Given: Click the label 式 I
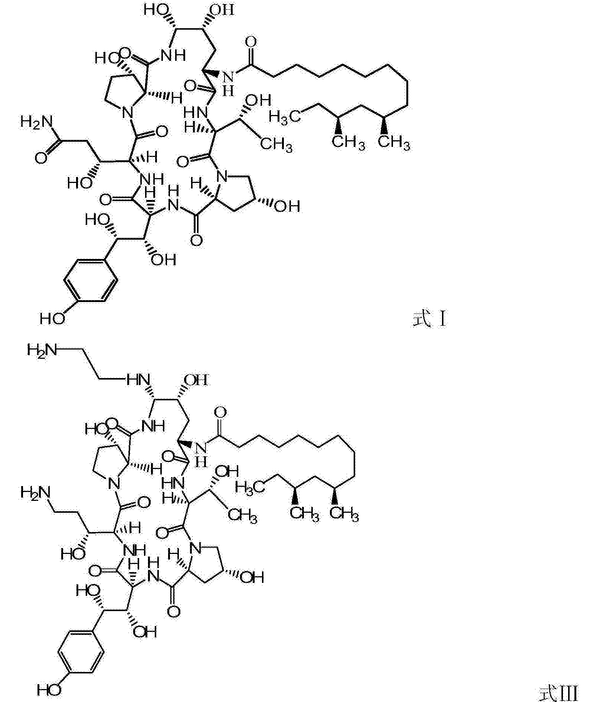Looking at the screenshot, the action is [429, 319].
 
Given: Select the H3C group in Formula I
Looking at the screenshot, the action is [285, 116].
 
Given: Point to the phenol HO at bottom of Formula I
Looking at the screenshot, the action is [52, 318].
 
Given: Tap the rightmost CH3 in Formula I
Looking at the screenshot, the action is [394, 143].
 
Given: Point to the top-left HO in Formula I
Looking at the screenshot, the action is [156, 9].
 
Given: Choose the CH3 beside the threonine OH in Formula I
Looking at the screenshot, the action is [276, 144].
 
